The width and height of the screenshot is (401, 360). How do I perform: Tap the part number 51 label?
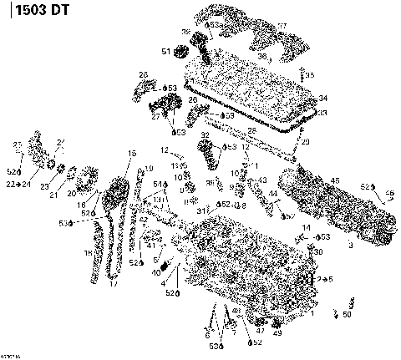[166, 53]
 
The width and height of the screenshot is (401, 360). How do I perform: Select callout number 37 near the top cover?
[282, 26]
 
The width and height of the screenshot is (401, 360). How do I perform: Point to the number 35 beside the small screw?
[310, 75]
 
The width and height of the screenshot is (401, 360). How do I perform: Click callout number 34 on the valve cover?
[322, 98]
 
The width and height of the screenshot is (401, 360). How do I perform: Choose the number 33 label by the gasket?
[322, 113]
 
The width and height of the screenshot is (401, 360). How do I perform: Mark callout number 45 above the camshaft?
[337, 180]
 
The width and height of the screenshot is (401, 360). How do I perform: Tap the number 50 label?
[348, 314]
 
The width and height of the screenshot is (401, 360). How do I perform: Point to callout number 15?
[131, 154]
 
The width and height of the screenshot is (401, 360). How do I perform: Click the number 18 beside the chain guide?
[86, 252]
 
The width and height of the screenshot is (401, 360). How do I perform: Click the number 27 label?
[155, 118]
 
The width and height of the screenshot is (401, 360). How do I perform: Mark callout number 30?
[318, 251]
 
